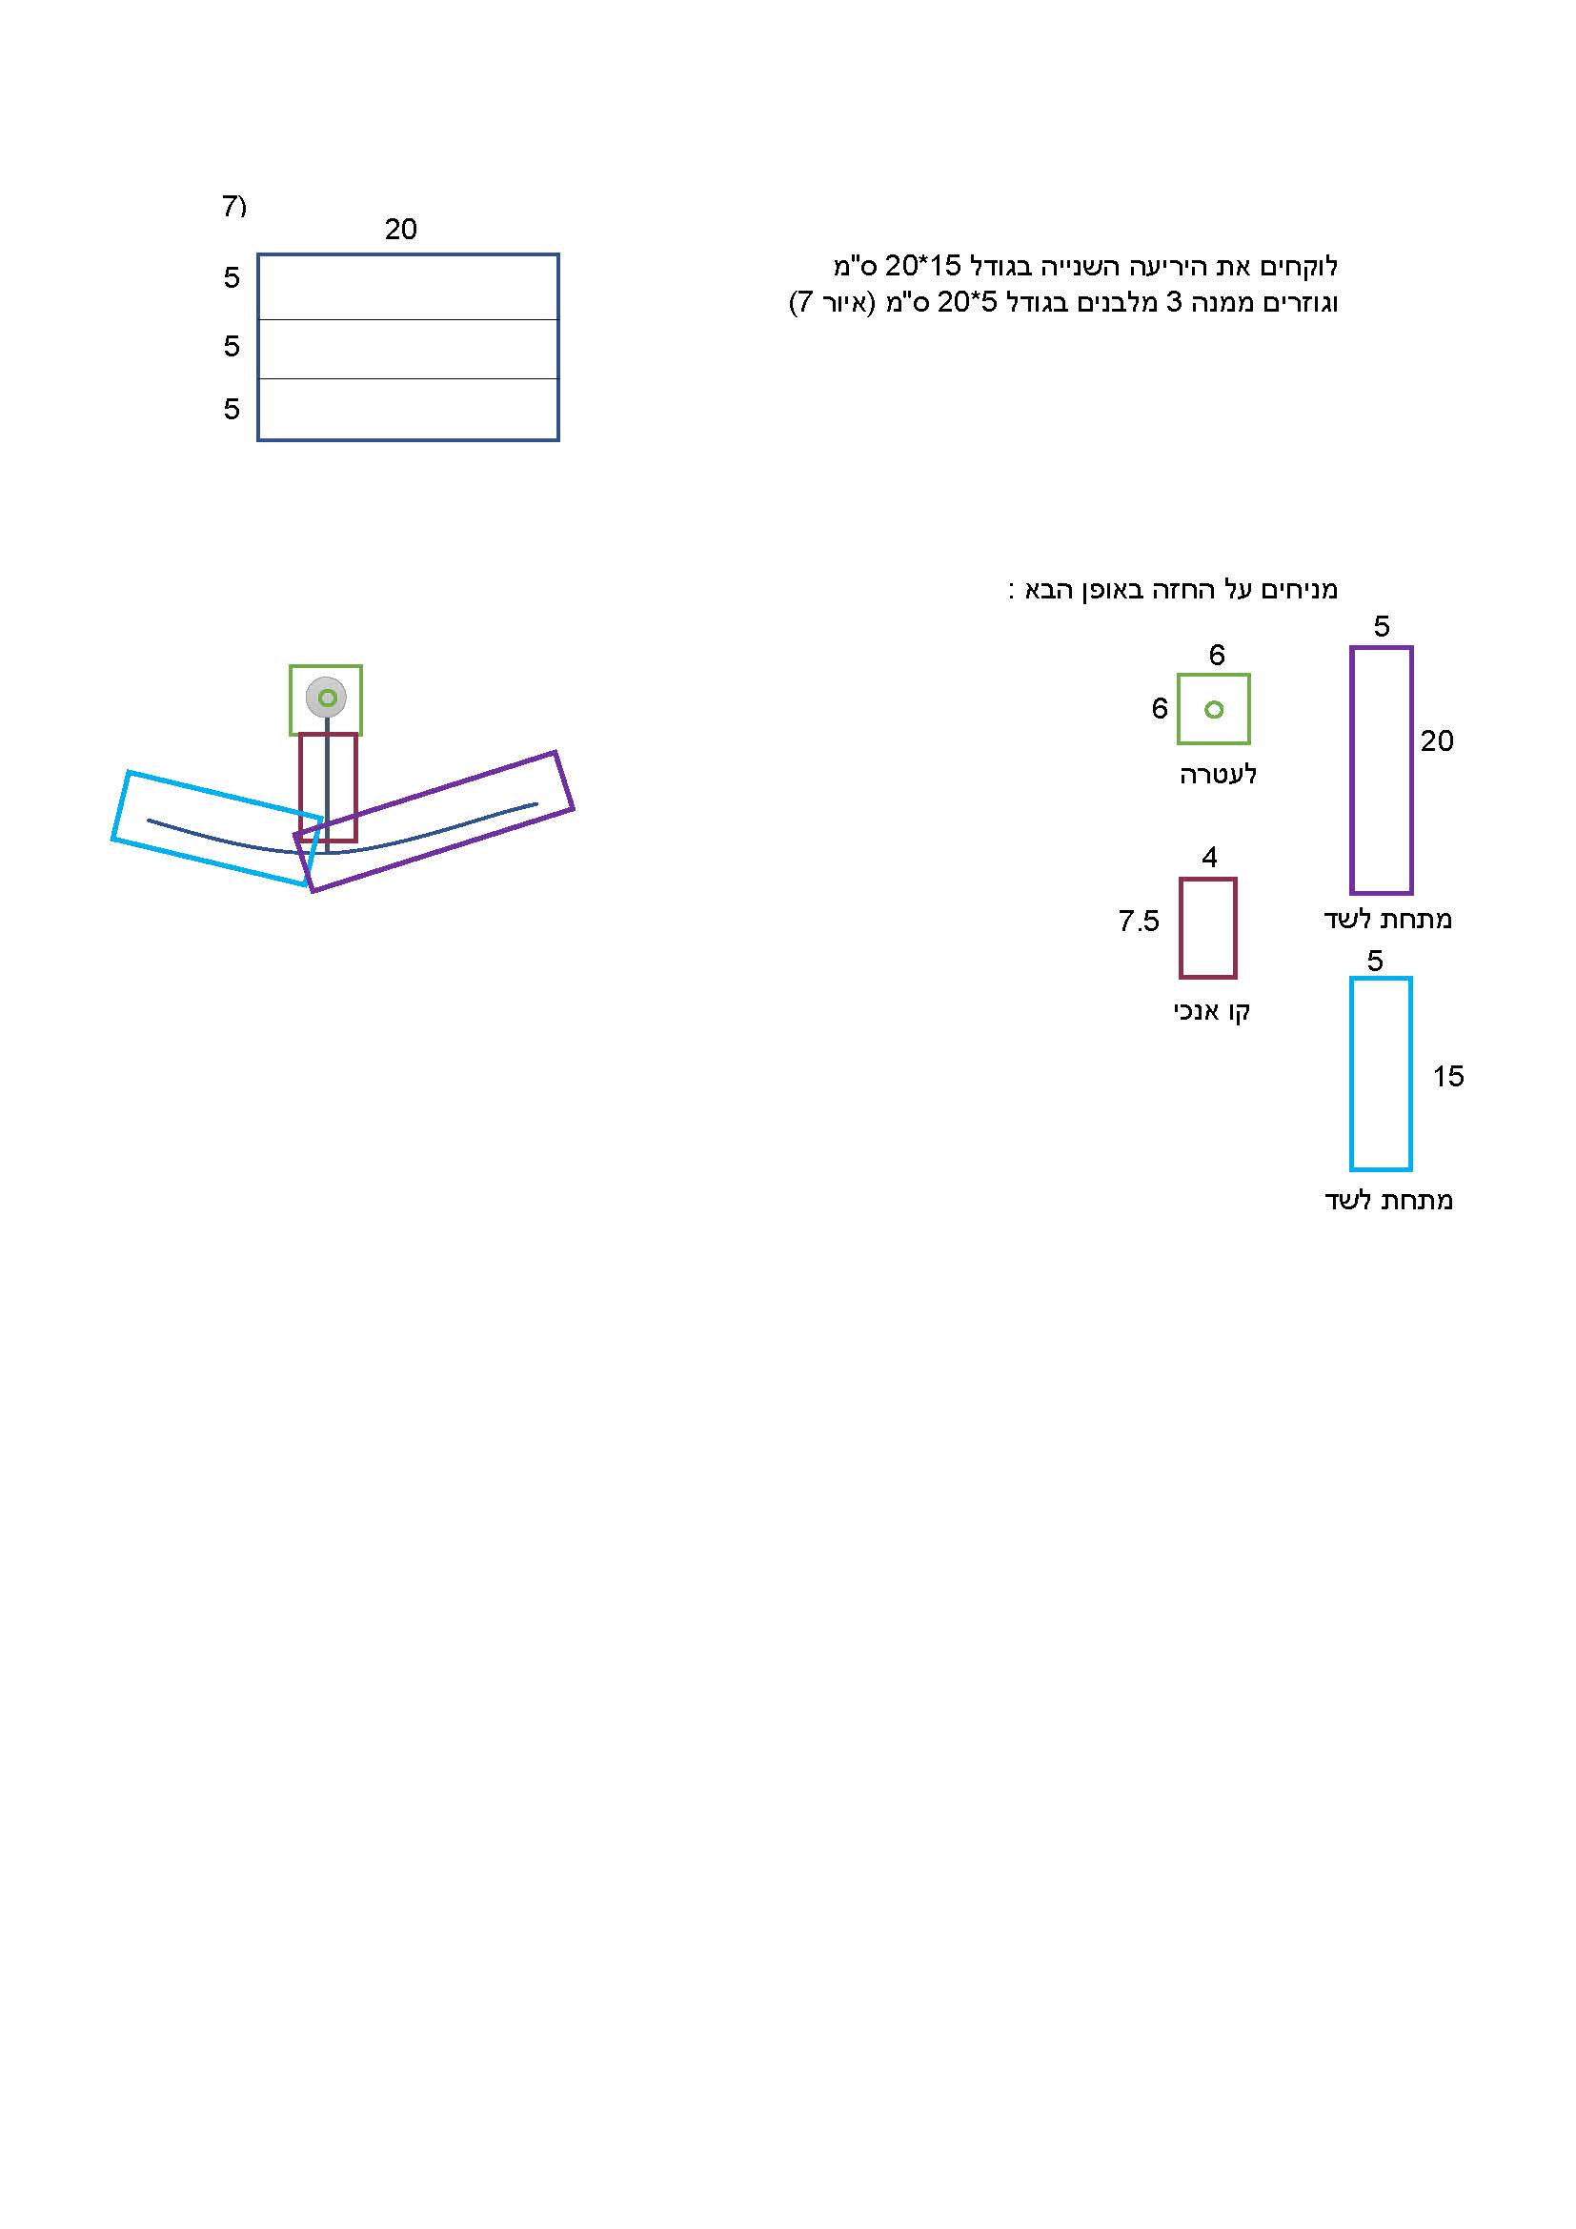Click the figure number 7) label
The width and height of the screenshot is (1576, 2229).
click(233, 206)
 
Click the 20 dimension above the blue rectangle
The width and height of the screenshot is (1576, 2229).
click(401, 229)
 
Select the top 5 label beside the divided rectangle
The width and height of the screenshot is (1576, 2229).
click(231, 277)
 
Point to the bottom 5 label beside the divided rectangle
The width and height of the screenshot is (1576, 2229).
click(231, 409)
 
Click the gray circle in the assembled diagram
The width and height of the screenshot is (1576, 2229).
click(326, 697)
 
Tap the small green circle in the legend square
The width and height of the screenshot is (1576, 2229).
click(1213, 710)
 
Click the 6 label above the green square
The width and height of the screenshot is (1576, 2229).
click(1217, 656)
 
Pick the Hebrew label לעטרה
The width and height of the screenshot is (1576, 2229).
click(1218, 774)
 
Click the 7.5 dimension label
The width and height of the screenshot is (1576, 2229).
click(1139, 921)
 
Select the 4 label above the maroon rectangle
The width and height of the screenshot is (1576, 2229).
click(1209, 858)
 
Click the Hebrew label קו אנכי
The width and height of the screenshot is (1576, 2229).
click(1211, 1012)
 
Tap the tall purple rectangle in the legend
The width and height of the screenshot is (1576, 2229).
click(1352, 770)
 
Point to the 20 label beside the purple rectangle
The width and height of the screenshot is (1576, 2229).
click(1436, 741)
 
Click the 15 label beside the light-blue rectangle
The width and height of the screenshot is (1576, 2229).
click(1448, 1077)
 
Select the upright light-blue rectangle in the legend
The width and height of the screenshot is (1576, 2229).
click(1352, 1074)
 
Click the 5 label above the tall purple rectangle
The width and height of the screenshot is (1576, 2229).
click(1382, 627)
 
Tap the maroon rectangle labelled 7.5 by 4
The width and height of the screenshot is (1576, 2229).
click(1181, 928)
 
